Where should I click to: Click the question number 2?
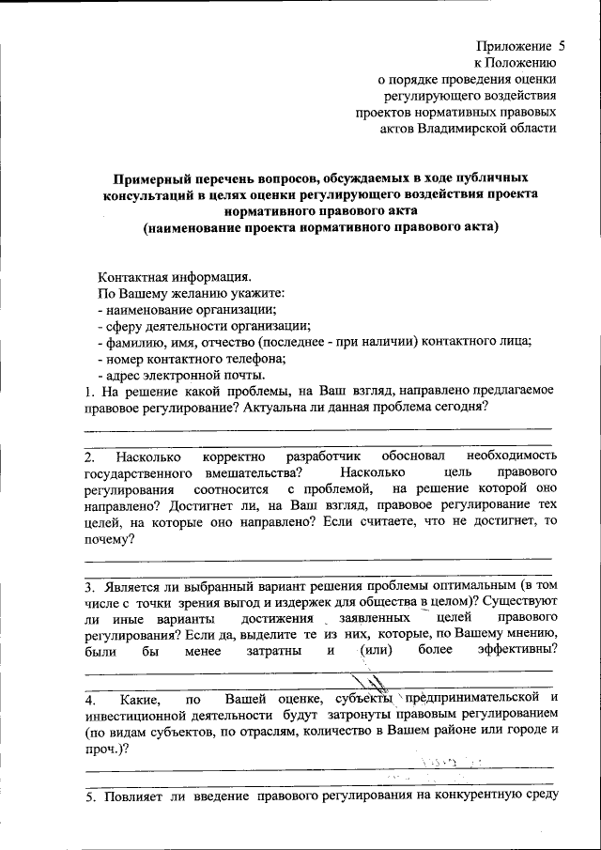(x=88, y=456)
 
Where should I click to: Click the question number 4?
(x=88, y=701)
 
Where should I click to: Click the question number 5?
(x=88, y=798)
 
